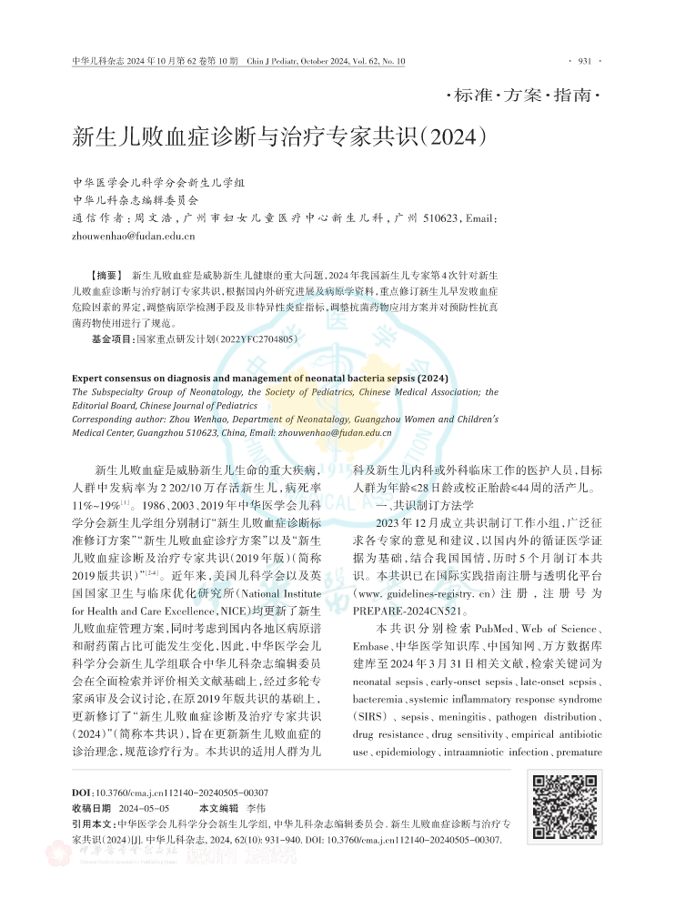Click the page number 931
point(584,61)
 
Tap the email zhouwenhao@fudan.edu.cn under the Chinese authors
point(133,237)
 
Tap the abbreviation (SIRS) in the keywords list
point(368,717)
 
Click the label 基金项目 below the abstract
point(112,338)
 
